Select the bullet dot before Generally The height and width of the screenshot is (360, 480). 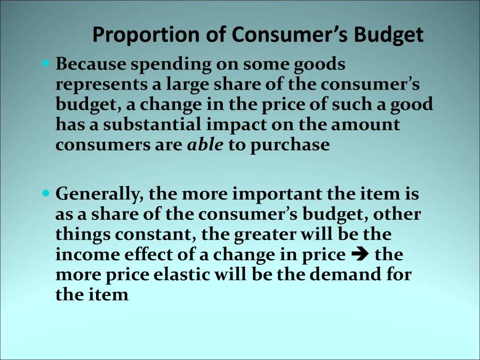pyautogui.click(x=45, y=191)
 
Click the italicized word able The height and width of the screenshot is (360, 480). pyautogui.click(x=205, y=145)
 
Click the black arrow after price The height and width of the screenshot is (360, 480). pyautogui.click(x=361, y=255)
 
